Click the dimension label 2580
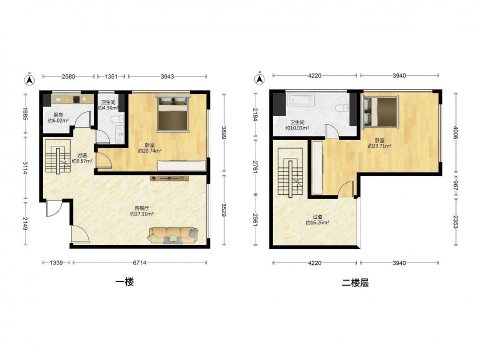(x=68, y=76)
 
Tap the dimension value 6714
(x=140, y=263)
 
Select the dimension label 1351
(x=111, y=76)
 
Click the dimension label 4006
(x=456, y=133)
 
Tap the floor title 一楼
(x=125, y=282)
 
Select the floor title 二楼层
(x=355, y=283)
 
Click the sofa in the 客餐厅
(x=173, y=235)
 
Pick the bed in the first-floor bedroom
(x=173, y=114)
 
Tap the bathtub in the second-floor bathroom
(x=301, y=100)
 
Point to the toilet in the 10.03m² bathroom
(x=342, y=108)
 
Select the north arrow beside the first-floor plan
(x=30, y=80)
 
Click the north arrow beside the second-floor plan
(x=260, y=79)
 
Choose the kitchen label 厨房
(x=58, y=115)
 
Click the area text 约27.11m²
(x=142, y=214)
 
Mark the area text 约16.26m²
(x=317, y=223)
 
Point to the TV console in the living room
(x=169, y=178)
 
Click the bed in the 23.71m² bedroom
(x=380, y=112)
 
